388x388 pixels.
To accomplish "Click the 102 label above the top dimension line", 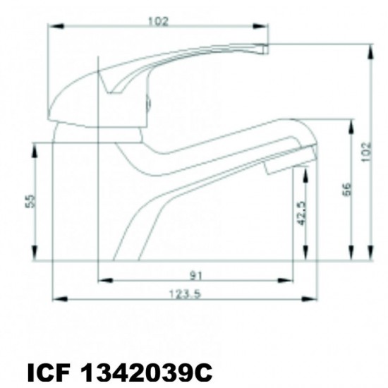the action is click(158, 21).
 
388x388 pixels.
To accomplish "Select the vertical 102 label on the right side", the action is click(366, 152).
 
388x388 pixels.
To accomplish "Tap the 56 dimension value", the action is click(348, 189).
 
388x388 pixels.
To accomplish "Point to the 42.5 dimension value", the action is click(301, 213).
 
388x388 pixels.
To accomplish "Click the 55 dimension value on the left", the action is click(30, 201).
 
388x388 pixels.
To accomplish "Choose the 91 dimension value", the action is click(196, 276).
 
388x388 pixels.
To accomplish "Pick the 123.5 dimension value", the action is click(185, 294).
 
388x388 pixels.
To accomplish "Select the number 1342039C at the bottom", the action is click(147, 373).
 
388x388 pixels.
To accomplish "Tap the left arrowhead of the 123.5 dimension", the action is click(60, 299).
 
